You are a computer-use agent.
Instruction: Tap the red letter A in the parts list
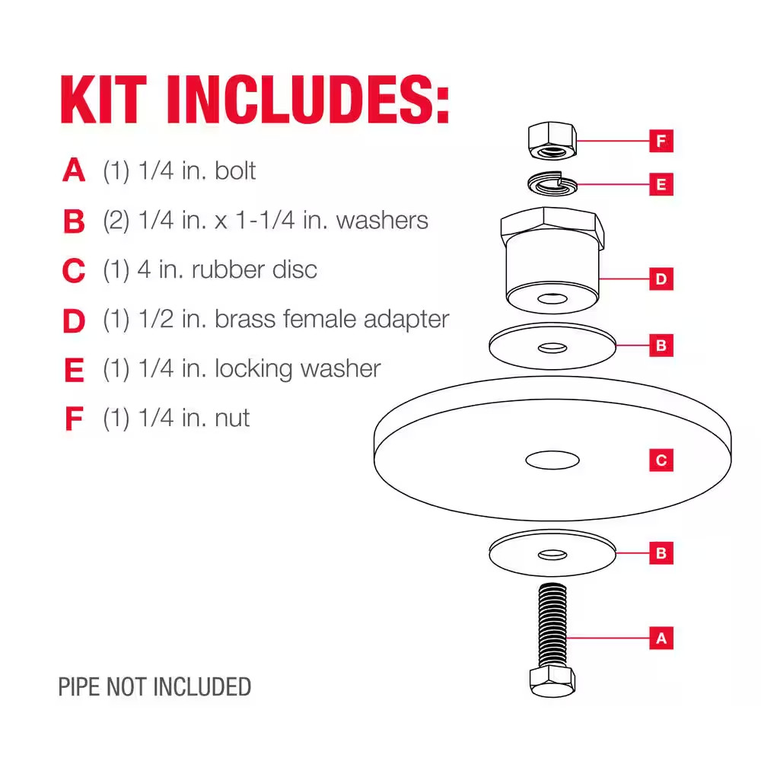click(74, 170)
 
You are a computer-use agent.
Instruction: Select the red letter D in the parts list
click(74, 320)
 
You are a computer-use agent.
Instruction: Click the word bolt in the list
click(235, 170)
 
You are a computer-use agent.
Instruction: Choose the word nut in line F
click(232, 418)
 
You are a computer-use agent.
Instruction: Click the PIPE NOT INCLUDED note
click(154, 687)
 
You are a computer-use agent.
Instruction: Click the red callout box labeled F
click(661, 141)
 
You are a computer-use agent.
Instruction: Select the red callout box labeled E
click(661, 184)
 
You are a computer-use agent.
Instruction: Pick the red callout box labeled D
click(661, 279)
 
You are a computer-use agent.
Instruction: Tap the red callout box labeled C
click(661, 460)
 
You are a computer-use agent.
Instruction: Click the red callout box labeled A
click(661, 638)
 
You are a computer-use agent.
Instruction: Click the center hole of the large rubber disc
click(552, 459)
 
